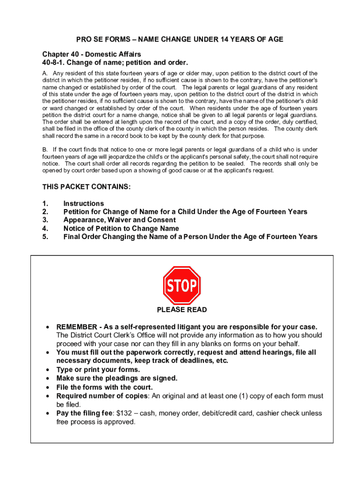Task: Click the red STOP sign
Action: [x=182, y=285]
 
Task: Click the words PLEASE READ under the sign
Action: [x=182, y=310]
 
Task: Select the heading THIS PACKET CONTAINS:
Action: [x=86, y=187]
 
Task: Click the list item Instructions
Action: [x=84, y=203]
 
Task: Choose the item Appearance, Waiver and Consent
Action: [x=120, y=220]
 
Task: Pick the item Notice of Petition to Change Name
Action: [x=121, y=228]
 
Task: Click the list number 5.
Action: [x=45, y=237]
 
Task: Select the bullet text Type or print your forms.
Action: [x=98, y=370]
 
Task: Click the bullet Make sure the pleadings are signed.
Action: [x=117, y=378]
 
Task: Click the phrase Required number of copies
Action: [x=102, y=396]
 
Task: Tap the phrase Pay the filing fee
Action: [x=84, y=414]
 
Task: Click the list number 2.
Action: [x=45, y=212]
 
